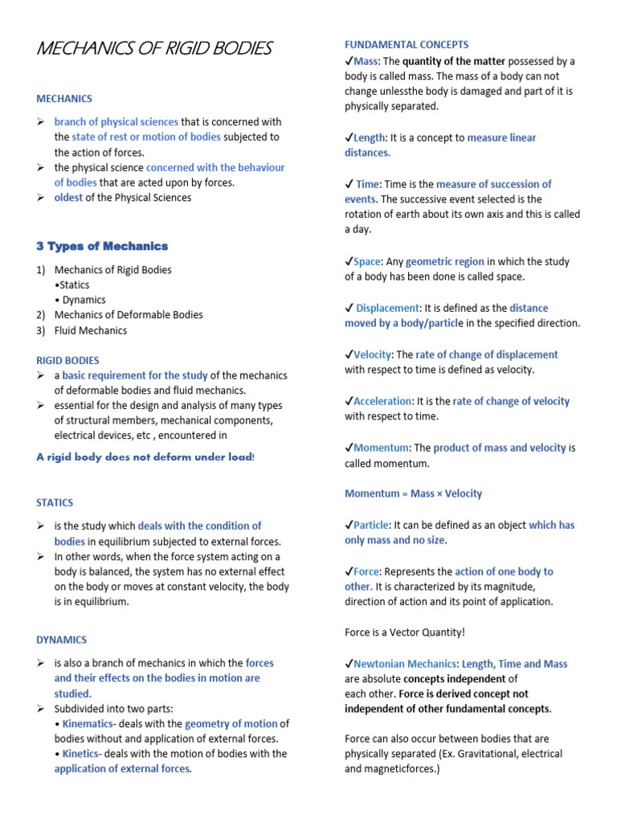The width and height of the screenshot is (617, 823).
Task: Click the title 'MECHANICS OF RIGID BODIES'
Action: click(154, 49)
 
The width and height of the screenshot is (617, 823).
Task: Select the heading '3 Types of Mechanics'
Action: click(102, 246)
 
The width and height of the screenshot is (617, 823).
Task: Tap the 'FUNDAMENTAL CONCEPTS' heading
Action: click(407, 44)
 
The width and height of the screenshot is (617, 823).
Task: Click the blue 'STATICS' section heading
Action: click(55, 502)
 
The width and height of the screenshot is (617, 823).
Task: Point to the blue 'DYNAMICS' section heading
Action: click(61, 640)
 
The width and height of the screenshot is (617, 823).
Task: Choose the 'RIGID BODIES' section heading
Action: click(67, 360)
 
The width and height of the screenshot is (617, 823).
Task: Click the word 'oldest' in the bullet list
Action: click(68, 198)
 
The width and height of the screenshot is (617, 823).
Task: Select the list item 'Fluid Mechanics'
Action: click(91, 330)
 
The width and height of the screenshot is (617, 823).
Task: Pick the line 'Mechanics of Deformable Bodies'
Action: click(129, 315)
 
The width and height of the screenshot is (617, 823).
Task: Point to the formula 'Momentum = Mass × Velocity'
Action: click(413, 493)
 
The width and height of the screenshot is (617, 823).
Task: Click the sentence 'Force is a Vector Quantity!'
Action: click(405, 633)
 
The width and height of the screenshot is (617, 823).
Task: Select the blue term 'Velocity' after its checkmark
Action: click(372, 354)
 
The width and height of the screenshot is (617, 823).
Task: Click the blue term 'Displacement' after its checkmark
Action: click(387, 308)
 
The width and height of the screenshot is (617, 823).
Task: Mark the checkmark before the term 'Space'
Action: click(349, 261)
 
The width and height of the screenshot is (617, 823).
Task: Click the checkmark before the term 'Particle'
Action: click(349, 525)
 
